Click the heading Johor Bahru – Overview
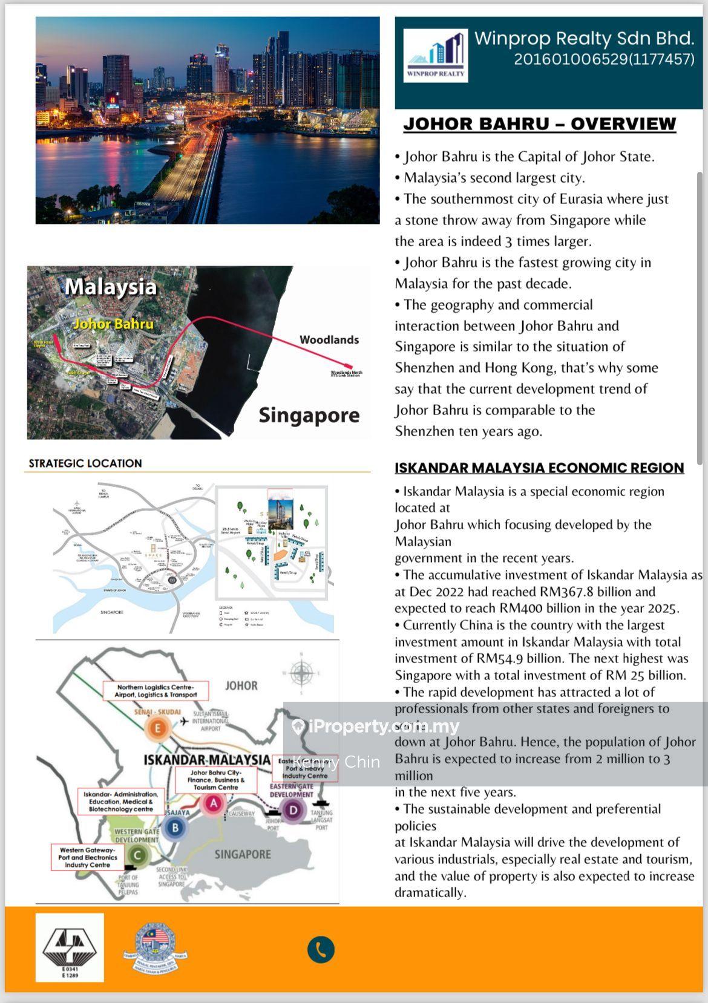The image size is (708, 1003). click(539, 124)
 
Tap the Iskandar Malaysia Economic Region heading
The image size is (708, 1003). click(539, 468)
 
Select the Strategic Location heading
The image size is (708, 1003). click(85, 463)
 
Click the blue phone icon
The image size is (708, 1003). click(321, 949)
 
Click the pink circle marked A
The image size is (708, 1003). click(213, 803)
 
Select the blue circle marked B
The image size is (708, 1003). click(175, 828)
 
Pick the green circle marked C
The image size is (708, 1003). click(138, 855)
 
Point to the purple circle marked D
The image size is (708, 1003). click(293, 810)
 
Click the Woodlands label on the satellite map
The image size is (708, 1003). click(329, 340)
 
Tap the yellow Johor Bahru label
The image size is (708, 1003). click(113, 324)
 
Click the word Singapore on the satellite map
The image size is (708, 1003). click(309, 415)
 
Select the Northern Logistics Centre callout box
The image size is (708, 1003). click(156, 691)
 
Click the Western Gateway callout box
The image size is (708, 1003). click(88, 857)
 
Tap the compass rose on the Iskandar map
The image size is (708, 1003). click(301, 672)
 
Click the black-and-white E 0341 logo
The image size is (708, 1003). click(70, 947)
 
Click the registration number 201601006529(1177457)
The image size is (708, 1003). click(604, 59)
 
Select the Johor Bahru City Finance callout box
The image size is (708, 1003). click(216, 780)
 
